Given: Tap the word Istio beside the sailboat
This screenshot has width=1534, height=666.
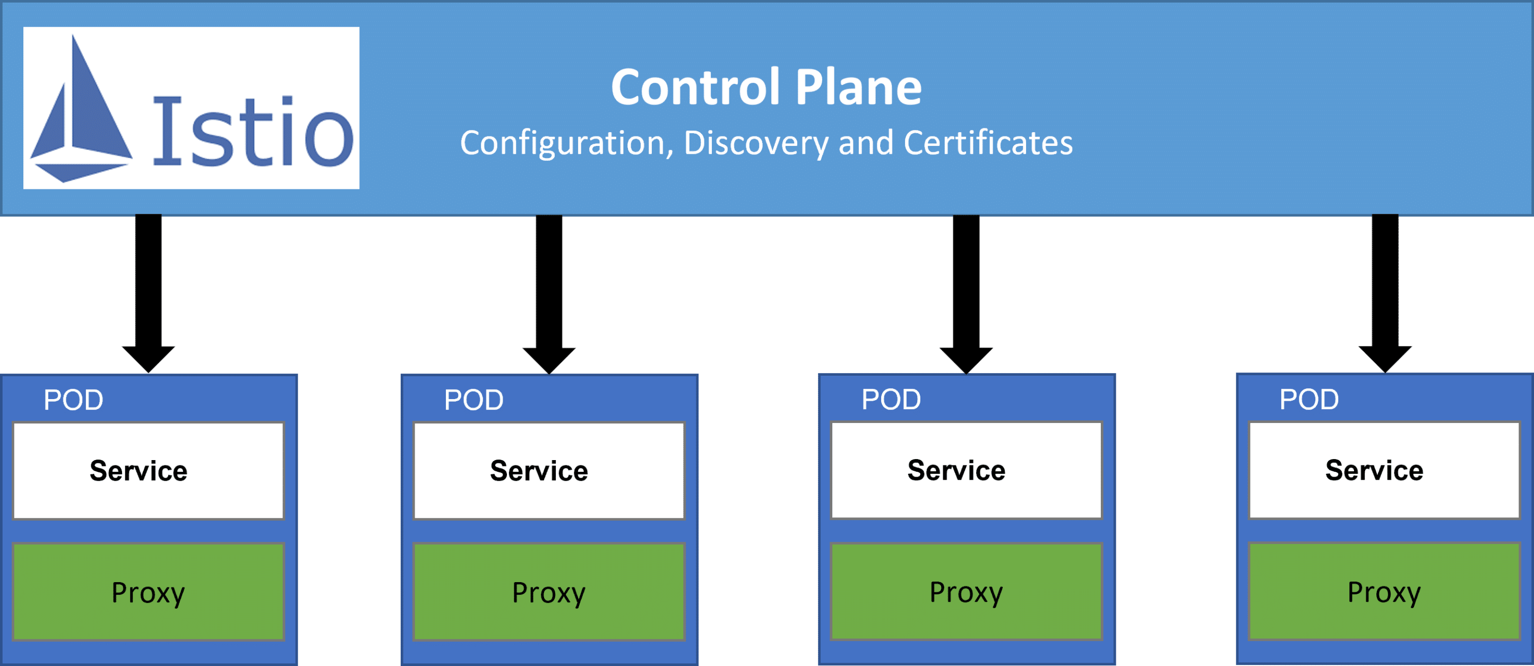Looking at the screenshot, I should coord(253,132).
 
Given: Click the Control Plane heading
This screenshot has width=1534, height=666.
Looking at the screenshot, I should coord(766,88).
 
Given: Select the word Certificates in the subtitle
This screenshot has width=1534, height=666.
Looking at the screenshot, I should coord(988,143).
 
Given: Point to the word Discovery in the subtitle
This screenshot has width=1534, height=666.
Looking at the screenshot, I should coord(756,143).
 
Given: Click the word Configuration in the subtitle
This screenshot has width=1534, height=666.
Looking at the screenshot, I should coord(563,143).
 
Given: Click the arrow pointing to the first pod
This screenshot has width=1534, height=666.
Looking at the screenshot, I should coord(148,292).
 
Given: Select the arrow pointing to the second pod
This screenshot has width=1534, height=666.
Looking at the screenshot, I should coord(548,292).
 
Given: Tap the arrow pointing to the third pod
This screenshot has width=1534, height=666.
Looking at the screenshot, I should coord(966,292).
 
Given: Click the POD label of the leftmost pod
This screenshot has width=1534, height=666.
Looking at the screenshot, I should coord(73,400).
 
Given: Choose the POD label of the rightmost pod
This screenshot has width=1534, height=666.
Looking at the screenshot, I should coord(1309,400).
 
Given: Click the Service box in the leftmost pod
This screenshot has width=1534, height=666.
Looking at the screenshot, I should coord(148,471).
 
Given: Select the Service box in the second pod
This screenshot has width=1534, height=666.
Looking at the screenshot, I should coord(548,471).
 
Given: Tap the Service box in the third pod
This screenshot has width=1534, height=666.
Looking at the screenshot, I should coord(966,470).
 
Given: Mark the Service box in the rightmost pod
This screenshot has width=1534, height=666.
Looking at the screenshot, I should coord(1384,470).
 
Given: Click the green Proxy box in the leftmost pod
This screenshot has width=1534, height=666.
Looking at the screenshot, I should coord(148,592).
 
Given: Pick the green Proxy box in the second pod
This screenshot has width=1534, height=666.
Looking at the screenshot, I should coord(548,592).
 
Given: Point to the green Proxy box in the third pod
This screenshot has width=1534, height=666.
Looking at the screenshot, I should coord(966,592).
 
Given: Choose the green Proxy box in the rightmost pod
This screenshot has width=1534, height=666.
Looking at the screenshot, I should coord(1384,592).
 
